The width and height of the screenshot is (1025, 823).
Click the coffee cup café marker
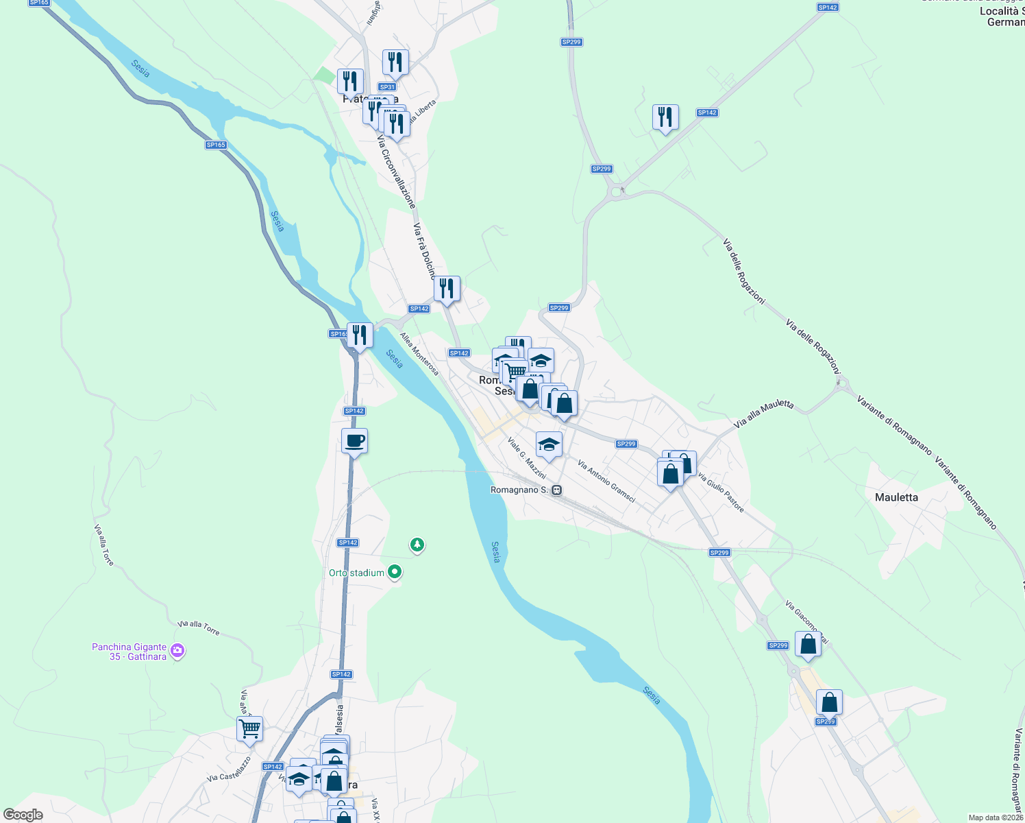coord(354,441)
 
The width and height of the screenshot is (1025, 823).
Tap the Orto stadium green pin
coord(395,571)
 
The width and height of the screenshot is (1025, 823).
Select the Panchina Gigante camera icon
coord(177,651)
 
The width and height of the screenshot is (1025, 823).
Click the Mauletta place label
coord(896,497)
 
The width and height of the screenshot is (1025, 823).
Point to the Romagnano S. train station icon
coord(557,490)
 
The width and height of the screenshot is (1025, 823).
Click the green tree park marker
coord(417,545)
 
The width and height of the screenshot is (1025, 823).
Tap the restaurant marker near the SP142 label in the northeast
coord(665,117)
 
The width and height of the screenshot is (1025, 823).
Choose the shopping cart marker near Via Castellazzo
coord(249,729)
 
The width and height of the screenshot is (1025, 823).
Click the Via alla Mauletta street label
coord(763,414)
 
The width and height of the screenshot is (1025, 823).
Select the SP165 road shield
coord(216,145)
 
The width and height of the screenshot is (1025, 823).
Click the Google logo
coord(23,815)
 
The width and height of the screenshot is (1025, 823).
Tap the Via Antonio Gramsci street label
coord(606,481)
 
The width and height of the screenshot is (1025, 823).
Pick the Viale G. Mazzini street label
coord(527,457)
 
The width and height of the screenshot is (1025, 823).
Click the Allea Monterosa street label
coord(419,354)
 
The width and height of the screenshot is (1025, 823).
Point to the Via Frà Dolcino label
coord(424,250)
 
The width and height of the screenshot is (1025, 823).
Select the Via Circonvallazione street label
coord(396,171)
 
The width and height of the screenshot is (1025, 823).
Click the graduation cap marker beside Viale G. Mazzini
coord(548,445)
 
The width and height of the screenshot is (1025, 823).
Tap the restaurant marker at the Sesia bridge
coord(360,335)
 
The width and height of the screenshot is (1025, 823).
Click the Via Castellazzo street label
coord(230,769)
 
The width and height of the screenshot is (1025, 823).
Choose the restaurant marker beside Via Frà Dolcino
coord(447,289)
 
